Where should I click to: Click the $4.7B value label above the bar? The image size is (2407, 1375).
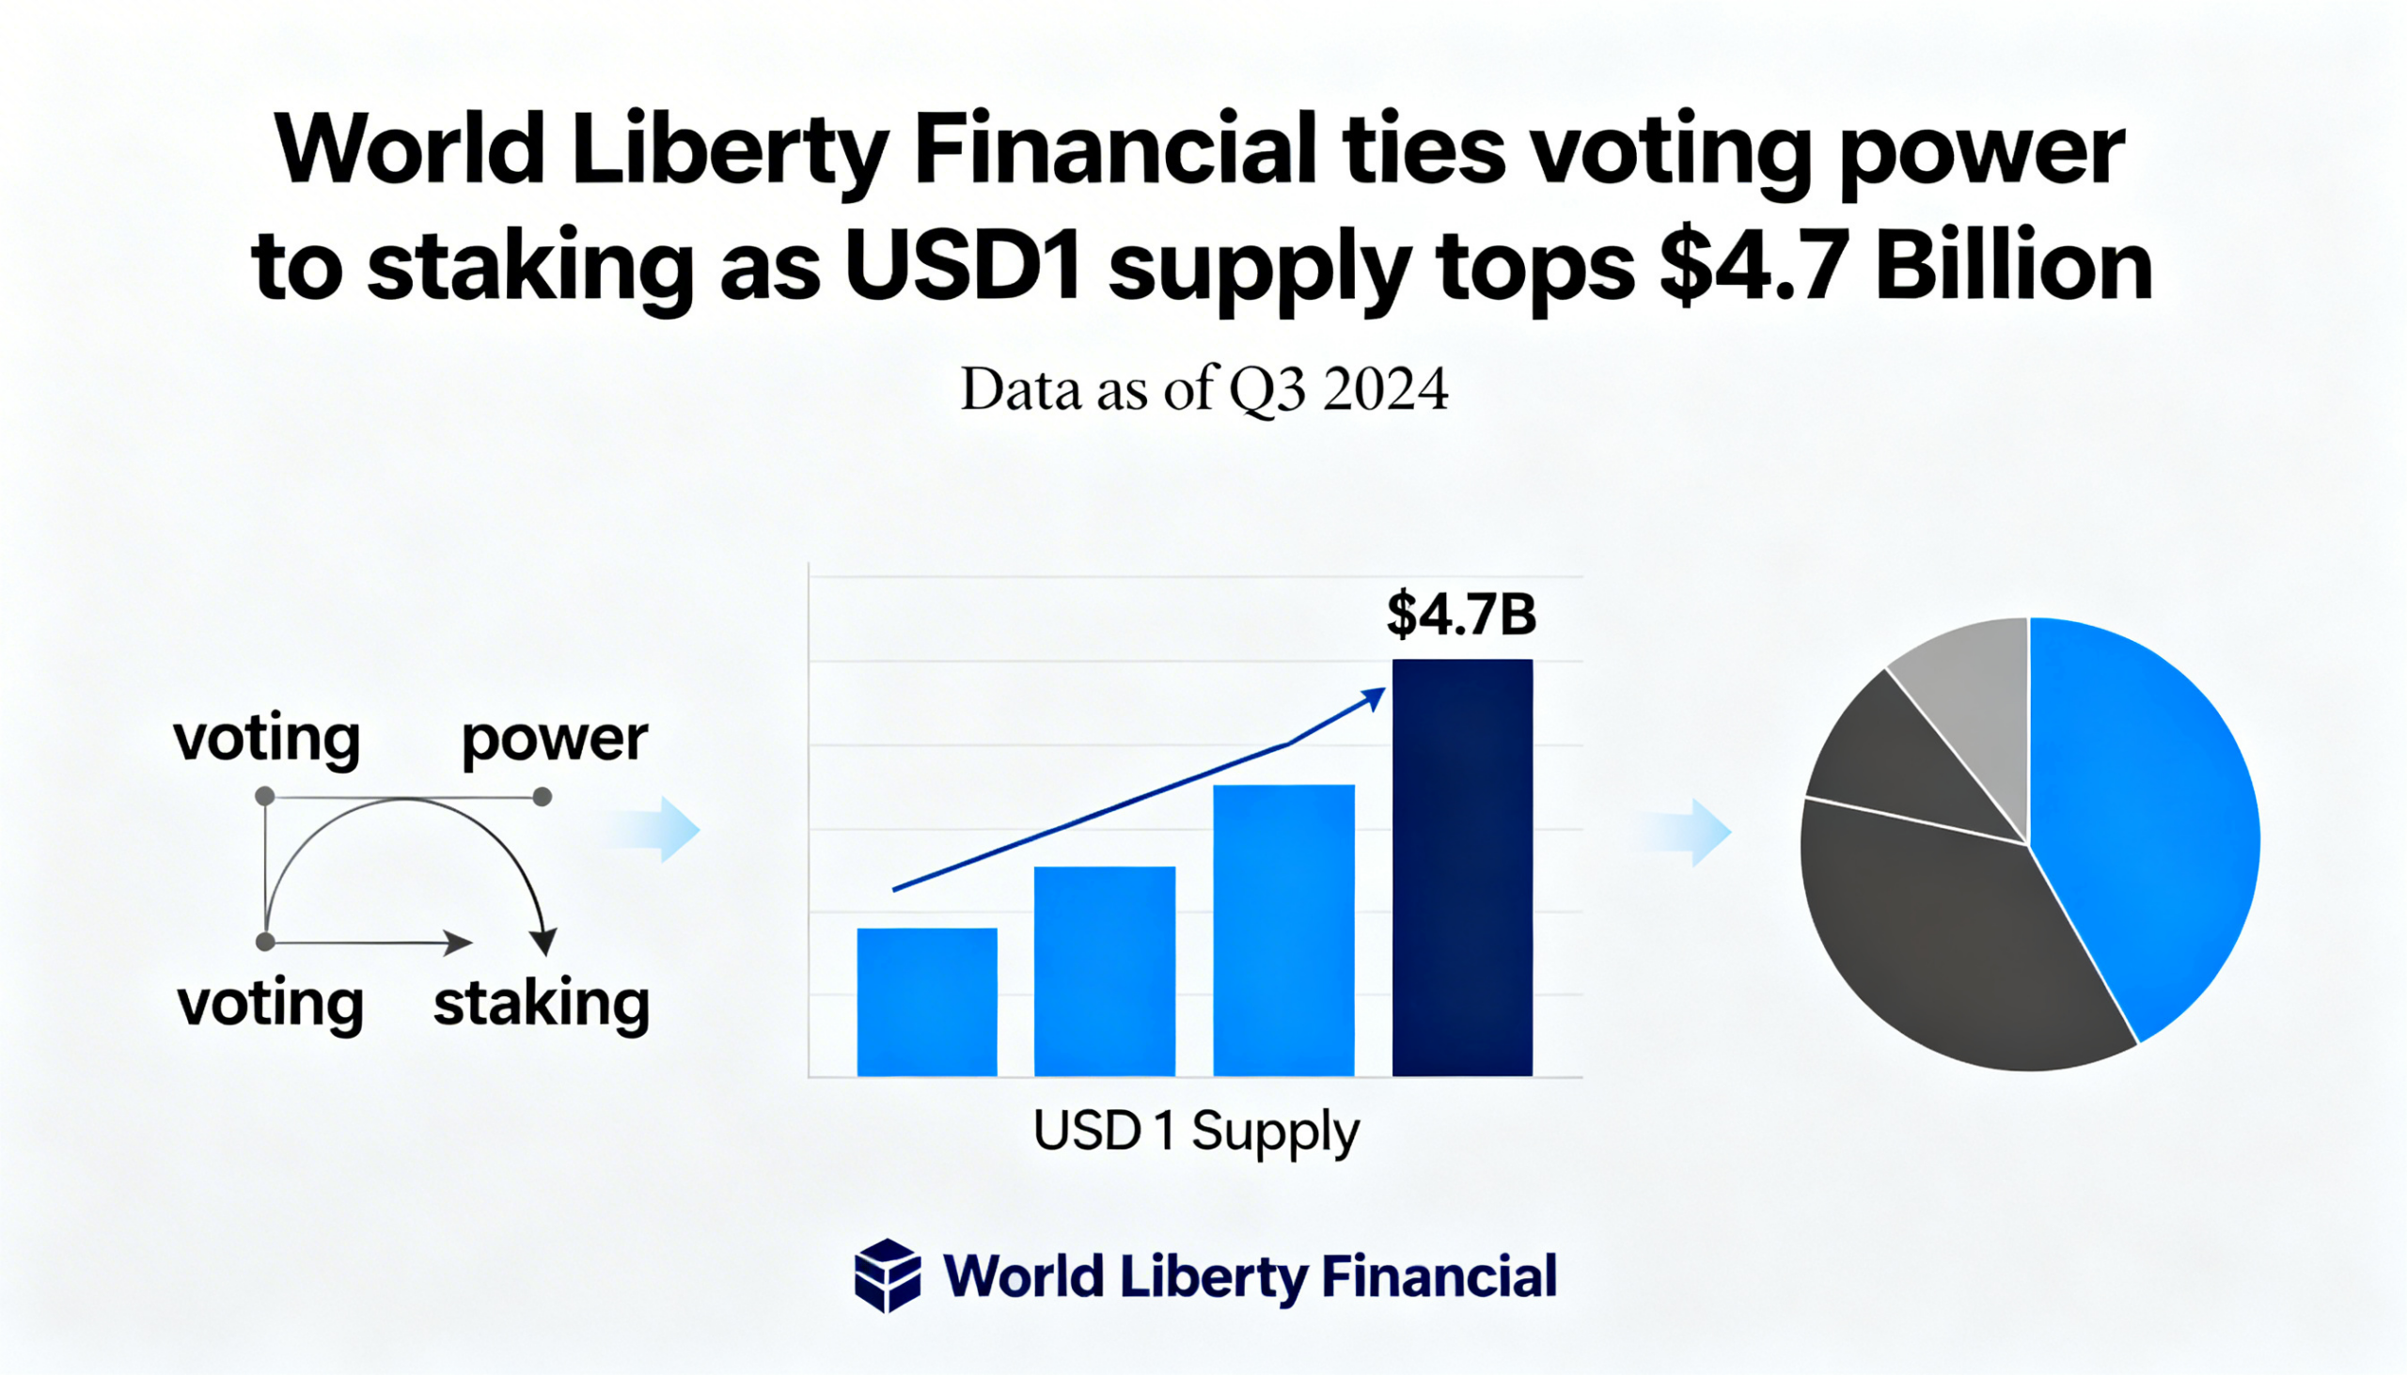(1460, 614)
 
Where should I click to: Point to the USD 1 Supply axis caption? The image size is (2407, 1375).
(1196, 1131)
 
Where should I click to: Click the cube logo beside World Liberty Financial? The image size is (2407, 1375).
(887, 1274)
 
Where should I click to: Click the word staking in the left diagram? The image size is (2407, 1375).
(542, 1003)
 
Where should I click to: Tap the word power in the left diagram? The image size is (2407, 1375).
(555, 740)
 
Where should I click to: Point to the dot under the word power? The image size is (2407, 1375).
(543, 797)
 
